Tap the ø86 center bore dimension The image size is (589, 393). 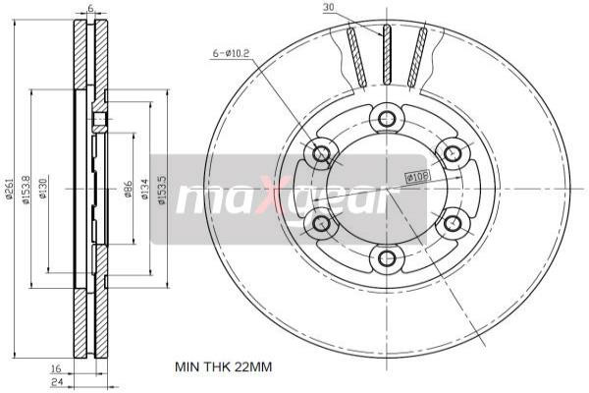(x=129, y=189)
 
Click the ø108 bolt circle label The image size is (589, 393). (x=418, y=178)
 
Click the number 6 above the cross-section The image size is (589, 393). (x=89, y=9)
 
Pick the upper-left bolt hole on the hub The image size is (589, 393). (x=321, y=153)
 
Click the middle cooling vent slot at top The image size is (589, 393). (x=386, y=54)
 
